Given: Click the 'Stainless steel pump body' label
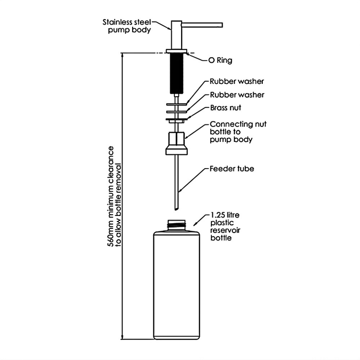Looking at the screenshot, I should tap(127, 26).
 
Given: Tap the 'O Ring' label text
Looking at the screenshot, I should tap(220, 60).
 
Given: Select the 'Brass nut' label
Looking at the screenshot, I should tap(225, 108).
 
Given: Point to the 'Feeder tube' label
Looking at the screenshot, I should tap(231, 168).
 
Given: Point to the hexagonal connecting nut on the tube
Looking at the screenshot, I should tap(176, 139).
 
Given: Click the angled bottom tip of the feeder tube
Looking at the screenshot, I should tap(176, 207).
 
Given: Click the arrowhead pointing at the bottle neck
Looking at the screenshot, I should tap(195, 225).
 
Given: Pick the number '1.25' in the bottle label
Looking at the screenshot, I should tap(218, 215).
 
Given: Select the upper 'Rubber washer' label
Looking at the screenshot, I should tap(237, 82).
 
